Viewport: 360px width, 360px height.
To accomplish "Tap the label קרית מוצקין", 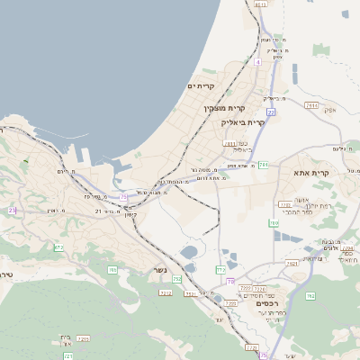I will [224, 109].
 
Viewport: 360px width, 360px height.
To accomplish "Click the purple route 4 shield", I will [256, 62].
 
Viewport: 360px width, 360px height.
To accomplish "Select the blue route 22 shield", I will [271, 112].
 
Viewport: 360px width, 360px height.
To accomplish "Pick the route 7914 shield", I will [311, 105].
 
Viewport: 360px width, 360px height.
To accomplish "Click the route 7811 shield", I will [229, 143].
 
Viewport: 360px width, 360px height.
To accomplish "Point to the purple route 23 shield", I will [13, 209].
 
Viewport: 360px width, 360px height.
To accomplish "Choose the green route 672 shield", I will [59, 247].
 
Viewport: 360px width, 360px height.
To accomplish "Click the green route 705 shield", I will [112, 269].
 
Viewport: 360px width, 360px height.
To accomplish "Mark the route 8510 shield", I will [261, 4].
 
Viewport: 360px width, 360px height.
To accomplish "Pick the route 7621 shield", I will [291, 263].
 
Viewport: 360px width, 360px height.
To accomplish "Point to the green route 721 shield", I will [67, 356].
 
